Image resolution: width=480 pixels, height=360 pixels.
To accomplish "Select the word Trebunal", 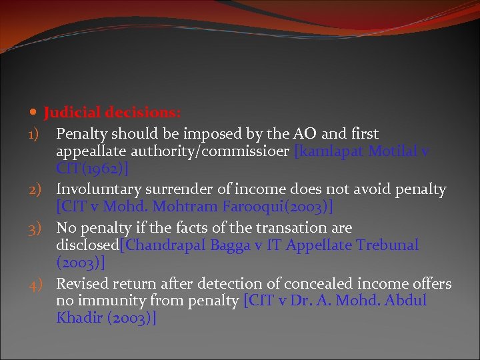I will [x=387, y=245].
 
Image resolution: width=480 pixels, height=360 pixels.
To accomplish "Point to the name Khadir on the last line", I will [x=78, y=318].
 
